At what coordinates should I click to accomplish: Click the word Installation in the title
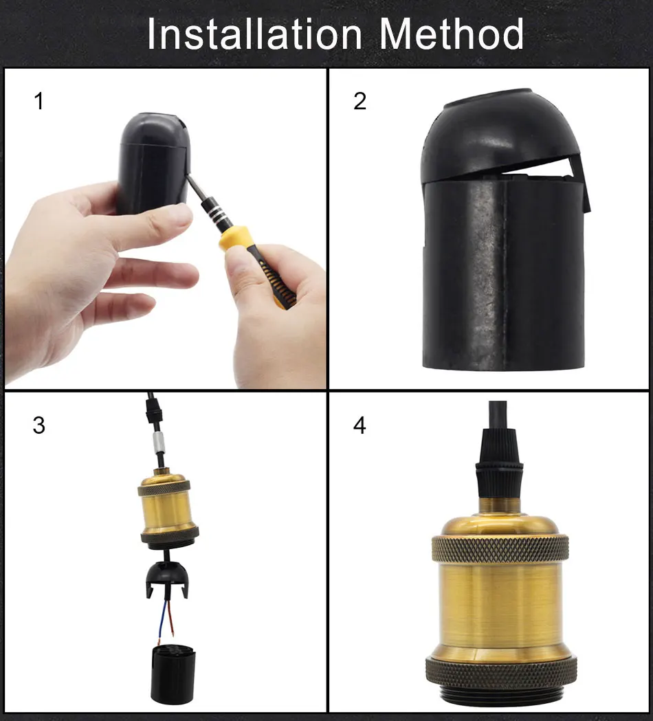coord(254,34)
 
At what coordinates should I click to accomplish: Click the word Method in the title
coord(452,34)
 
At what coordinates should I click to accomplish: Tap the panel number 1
coord(39,101)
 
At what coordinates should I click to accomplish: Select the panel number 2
coord(359,101)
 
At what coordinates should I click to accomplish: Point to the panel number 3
coord(39,425)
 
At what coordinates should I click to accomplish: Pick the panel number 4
coord(359,425)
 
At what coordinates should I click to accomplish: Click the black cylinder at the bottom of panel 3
coord(173,674)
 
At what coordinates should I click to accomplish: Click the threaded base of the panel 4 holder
coord(501,697)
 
